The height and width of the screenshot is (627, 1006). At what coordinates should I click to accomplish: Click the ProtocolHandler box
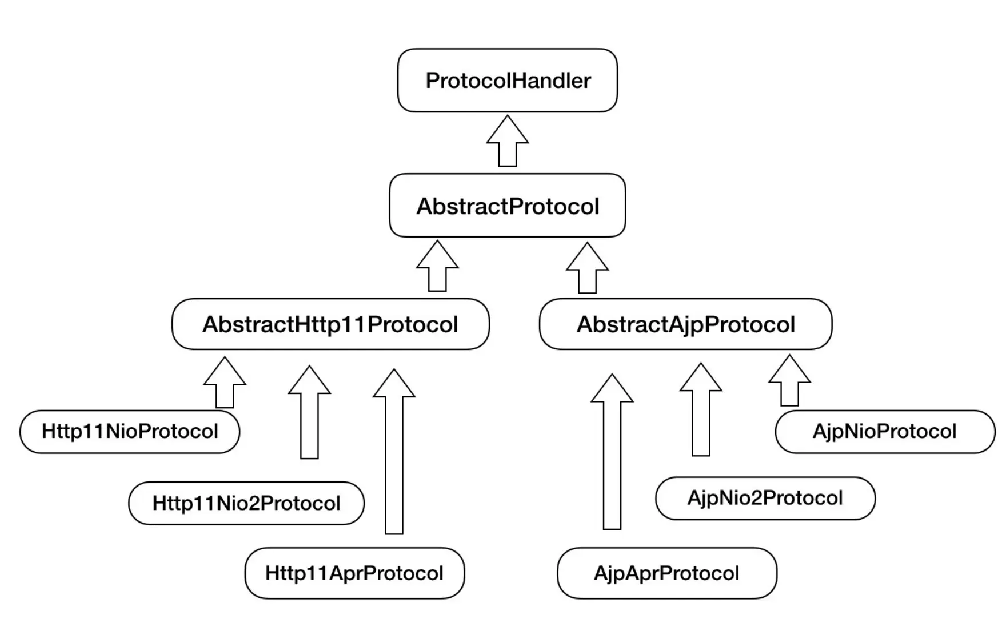pos(507,81)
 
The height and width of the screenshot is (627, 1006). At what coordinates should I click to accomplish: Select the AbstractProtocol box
pos(507,206)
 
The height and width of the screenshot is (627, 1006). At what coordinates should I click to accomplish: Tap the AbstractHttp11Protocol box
pos(330,324)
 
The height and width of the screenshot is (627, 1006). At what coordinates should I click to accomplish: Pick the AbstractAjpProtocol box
pos(685,324)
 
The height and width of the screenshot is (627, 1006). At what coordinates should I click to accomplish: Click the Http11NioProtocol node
pos(130,431)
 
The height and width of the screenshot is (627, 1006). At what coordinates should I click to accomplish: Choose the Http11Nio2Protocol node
pos(246,503)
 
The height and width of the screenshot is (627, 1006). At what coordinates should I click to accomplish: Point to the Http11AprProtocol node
pos(354,573)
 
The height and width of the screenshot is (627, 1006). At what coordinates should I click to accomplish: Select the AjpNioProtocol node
pos(884,431)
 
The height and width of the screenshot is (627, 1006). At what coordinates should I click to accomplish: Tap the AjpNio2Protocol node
pos(765,498)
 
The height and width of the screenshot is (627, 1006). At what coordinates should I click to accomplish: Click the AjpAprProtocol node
pos(666,573)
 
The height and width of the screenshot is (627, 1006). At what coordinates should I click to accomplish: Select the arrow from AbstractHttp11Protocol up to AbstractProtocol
pos(437,268)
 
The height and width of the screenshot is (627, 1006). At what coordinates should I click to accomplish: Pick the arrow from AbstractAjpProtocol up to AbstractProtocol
pos(588,270)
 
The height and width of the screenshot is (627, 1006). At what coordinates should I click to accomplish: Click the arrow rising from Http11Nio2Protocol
pos(309,417)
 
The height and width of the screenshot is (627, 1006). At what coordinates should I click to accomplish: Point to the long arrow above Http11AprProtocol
pos(394,457)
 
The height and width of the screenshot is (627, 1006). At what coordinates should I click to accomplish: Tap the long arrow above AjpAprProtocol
pos(612,457)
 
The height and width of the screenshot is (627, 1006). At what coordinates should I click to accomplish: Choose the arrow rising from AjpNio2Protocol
pos(701,414)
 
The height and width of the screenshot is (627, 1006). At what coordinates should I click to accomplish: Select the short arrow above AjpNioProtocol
pos(789,383)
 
